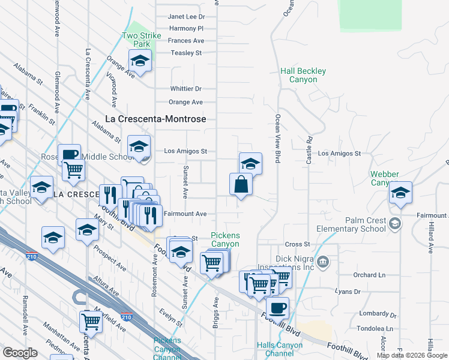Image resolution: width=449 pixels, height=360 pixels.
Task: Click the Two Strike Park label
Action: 142,40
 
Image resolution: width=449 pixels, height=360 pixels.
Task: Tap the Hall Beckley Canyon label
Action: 303,75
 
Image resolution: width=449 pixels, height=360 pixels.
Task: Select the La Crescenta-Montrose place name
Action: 155,119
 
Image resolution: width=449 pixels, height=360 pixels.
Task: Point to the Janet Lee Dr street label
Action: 186,17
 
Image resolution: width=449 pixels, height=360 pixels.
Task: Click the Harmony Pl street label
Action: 187,28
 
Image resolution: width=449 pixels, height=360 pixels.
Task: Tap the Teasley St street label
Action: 186,53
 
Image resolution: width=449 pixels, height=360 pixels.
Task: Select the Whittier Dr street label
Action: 185,89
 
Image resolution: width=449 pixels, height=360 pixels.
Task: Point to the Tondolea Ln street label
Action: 372,329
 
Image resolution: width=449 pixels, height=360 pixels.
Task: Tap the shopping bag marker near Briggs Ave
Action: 241,184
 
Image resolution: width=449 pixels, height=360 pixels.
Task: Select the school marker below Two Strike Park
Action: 140,61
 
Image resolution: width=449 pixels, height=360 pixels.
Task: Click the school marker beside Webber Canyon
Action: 400,193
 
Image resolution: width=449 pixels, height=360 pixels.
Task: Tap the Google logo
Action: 20,353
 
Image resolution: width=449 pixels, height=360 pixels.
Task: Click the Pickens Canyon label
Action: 225,239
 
